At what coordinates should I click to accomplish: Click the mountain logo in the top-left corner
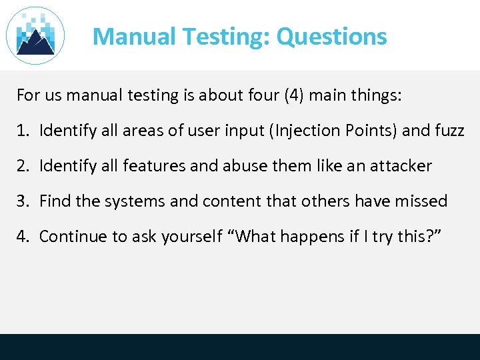(x=35, y=35)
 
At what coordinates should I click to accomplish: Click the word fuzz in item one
(x=449, y=131)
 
